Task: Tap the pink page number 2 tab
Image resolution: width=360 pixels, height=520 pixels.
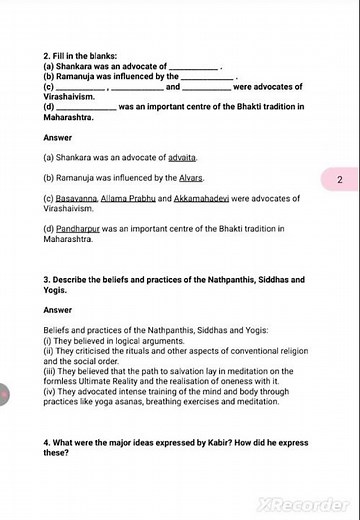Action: click(x=340, y=180)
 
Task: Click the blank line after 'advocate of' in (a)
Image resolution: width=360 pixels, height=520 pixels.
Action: click(x=194, y=67)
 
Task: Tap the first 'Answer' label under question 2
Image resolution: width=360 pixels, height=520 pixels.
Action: click(x=58, y=137)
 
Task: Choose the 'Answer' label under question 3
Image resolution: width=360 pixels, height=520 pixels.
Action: click(x=58, y=310)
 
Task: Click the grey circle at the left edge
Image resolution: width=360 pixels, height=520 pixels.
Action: click(x=3, y=396)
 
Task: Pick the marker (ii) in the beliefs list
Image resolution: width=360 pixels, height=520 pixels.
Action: click(x=50, y=351)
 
